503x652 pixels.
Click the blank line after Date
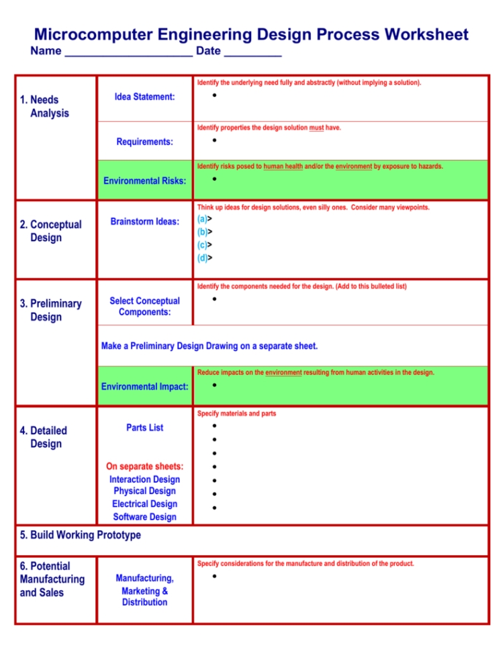(x=253, y=52)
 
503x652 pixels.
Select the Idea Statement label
(x=144, y=97)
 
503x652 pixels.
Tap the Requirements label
(x=144, y=142)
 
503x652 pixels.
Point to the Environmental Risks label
(x=144, y=181)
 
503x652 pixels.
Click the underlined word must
(x=316, y=128)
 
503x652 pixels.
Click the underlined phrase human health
(x=283, y=166)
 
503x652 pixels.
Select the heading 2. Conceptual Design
(x=50, y=231)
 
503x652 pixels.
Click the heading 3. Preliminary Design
(x=50, y=310)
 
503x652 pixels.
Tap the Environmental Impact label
(x=144, y=386)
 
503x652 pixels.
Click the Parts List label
(x=144, y=427)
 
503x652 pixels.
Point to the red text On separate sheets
(x=144, y=466)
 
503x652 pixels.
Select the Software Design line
(x=144, y=517)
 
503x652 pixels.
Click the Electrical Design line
(x=144, y=504)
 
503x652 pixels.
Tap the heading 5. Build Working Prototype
(x=81, y=535)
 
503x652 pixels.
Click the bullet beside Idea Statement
(x=214, y=95)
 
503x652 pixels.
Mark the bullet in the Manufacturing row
(x=214, y=577)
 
